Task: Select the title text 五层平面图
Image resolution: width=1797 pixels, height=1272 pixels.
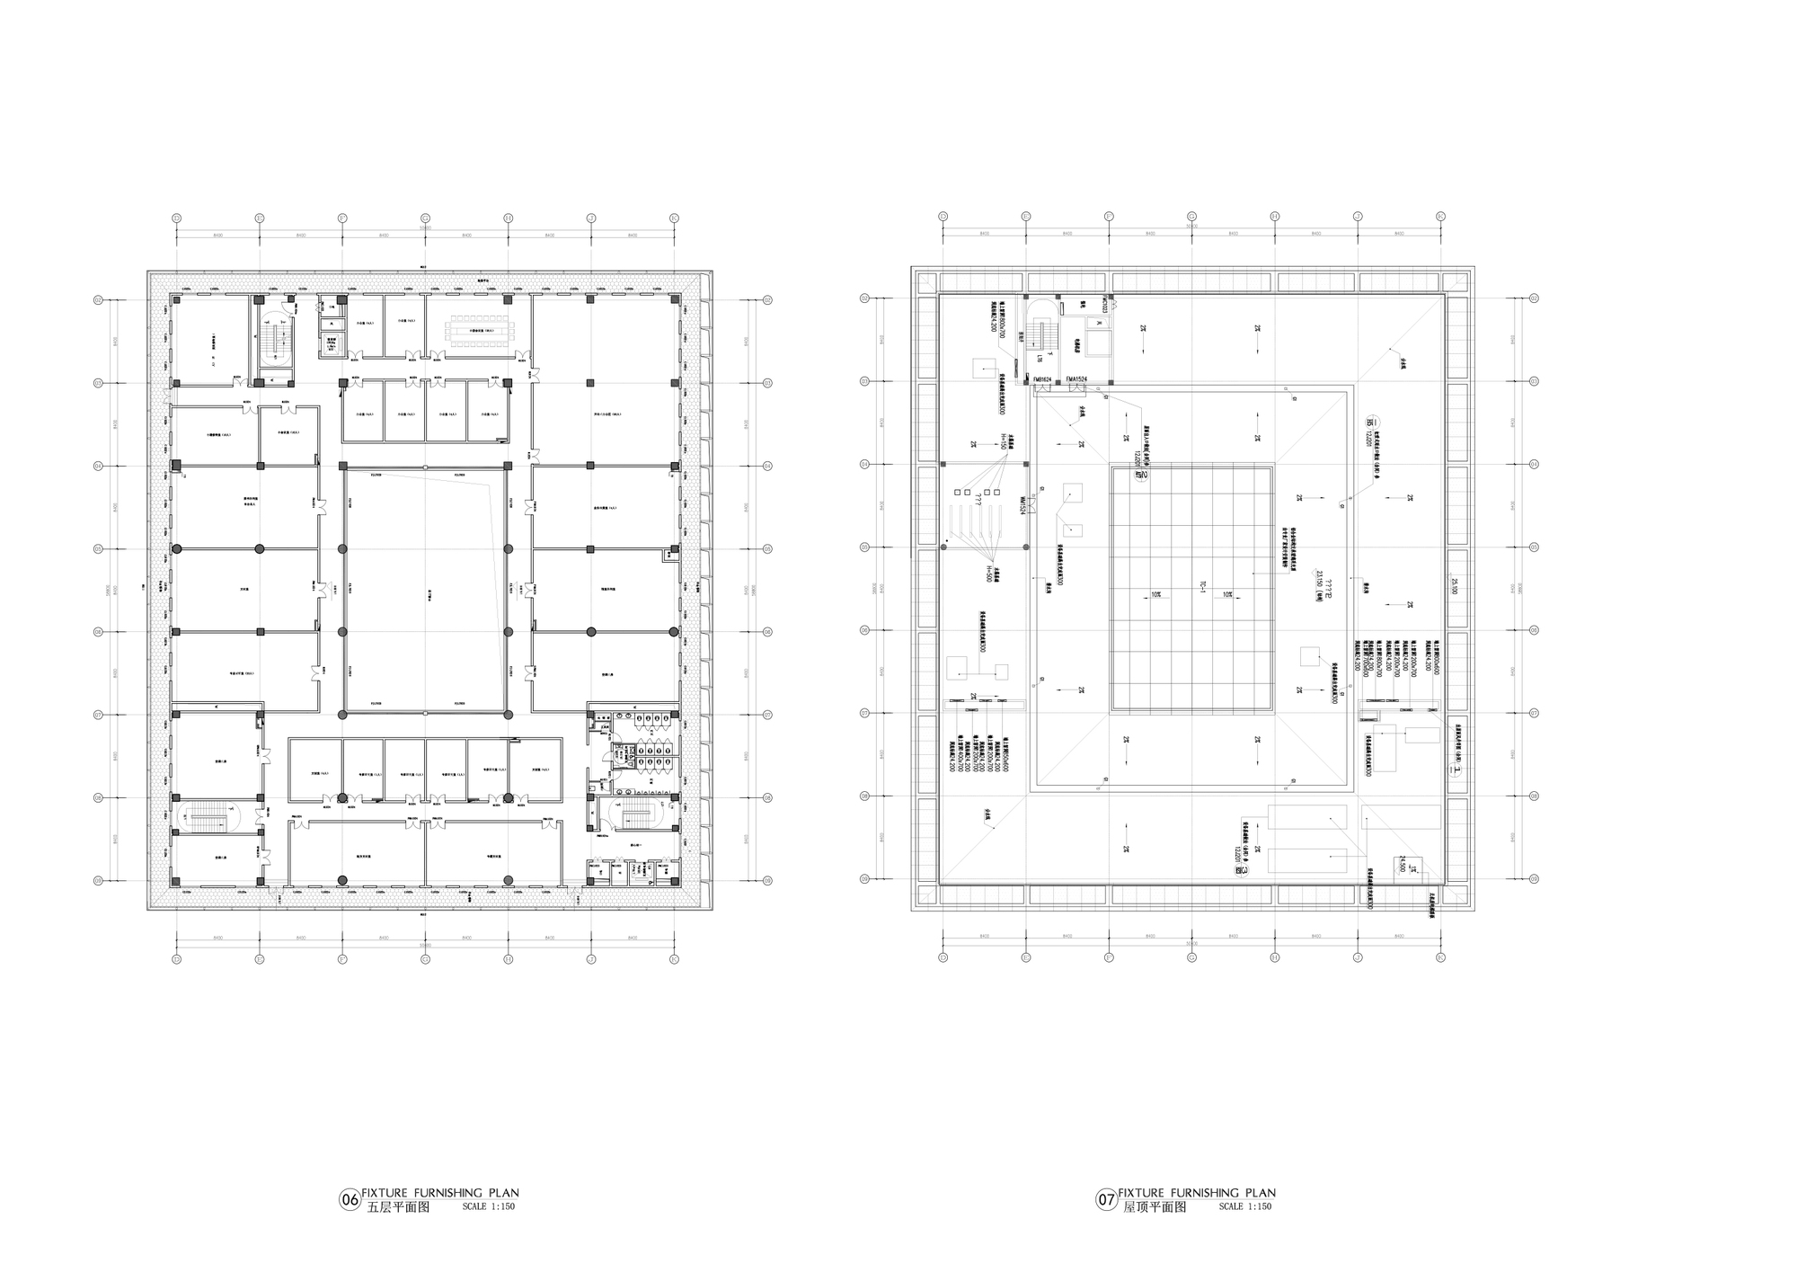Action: coord(399,1207)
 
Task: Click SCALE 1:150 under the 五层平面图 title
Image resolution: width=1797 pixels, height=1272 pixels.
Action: coord(488,1207)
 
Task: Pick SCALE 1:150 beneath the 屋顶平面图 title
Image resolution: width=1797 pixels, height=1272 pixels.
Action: coord(1245,1207)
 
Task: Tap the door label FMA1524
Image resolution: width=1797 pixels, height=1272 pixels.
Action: coord(1076,379)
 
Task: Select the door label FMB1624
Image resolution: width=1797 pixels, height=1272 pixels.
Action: coord(1042,379)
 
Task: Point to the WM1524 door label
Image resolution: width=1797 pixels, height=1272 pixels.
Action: coord(1022,505)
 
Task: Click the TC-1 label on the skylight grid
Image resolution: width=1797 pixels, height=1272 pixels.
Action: coord(1202,589)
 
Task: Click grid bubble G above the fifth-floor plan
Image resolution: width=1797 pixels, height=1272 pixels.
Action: coord(425,218)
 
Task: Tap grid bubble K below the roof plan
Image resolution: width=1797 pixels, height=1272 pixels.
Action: coord(1440,957)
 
